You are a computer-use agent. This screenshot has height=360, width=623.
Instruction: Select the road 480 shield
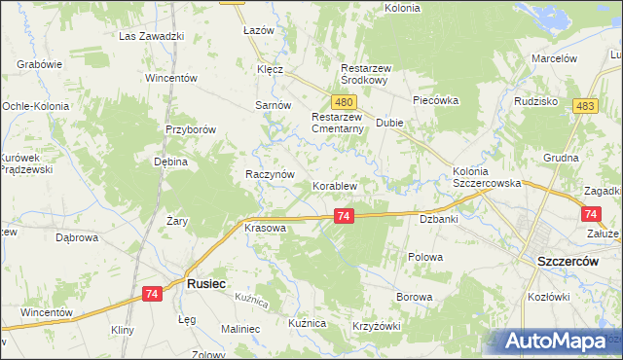tap(342, 102)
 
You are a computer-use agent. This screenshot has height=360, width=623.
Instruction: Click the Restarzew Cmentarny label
tap(337, 124)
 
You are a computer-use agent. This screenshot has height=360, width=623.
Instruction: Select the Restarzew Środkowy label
tap(365, 75)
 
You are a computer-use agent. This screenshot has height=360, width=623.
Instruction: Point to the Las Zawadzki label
tap(152, 36)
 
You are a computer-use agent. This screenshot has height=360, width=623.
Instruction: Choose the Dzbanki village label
tap(439, 220)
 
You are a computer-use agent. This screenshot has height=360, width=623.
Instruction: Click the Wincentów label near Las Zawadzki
tap(171, 77)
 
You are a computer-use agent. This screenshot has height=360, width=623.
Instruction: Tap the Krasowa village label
tap(265, 228)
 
